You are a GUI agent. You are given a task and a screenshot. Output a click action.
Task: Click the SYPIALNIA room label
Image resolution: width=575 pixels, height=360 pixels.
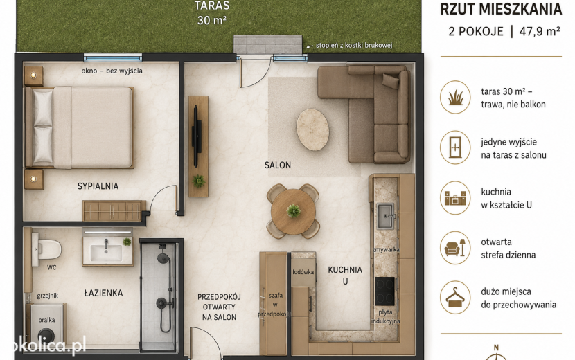98,186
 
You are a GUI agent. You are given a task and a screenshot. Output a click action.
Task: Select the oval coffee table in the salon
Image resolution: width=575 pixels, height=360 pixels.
312,129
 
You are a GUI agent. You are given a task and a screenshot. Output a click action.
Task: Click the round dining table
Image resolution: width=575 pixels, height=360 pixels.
293,212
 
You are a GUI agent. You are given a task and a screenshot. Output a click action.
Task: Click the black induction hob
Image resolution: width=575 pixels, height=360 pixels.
384,291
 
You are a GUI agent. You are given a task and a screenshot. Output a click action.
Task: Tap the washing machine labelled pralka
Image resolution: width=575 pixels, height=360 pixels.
47,325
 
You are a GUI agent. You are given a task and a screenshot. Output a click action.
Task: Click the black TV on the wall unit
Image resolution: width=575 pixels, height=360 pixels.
197,136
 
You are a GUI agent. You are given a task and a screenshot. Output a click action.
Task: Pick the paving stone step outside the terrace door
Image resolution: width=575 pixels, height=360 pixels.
268,45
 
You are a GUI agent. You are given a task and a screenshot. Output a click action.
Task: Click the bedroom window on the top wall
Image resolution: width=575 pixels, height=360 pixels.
113,57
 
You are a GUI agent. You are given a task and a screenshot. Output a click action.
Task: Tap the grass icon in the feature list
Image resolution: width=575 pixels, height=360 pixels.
455,97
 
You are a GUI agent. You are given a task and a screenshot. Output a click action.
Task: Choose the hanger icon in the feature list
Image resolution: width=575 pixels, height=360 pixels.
455,297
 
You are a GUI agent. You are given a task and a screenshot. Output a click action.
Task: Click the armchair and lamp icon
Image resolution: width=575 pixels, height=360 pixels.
455,248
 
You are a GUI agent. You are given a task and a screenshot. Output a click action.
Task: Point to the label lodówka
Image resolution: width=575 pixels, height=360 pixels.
303,272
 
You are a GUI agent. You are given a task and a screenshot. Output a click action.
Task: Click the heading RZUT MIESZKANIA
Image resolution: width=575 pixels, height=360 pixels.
501,9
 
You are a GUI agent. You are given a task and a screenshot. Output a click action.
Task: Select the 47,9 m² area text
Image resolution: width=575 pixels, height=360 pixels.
540,32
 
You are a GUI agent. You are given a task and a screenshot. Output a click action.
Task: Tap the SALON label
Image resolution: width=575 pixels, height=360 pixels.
278,165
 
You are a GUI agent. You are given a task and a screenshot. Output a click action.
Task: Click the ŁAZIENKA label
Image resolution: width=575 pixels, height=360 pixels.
103,293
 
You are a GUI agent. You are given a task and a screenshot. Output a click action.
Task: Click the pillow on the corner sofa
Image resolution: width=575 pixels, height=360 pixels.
391,80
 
